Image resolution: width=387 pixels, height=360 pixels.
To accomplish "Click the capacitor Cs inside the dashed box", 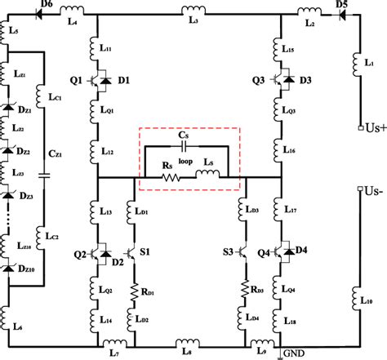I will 187,147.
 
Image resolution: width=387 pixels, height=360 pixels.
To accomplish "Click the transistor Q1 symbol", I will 96,81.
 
